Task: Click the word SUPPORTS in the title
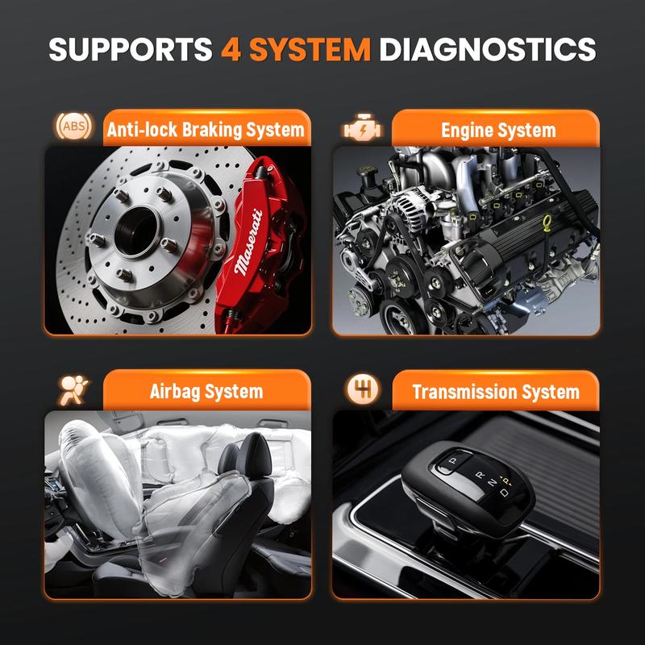[x=129, y=49]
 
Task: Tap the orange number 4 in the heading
[x=230, y=49]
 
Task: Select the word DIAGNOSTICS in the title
[x=488, y=49]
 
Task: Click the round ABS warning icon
[x=69, y=127]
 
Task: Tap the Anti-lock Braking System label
[x=206, y=129]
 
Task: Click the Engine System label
[x=498, y=129]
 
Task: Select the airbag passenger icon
[x=69, y=389]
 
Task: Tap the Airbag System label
[x=206, y=392]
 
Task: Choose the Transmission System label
[x=495, y=393]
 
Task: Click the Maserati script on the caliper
[x=248, y=243]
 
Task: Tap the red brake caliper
[x=254, y=234]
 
